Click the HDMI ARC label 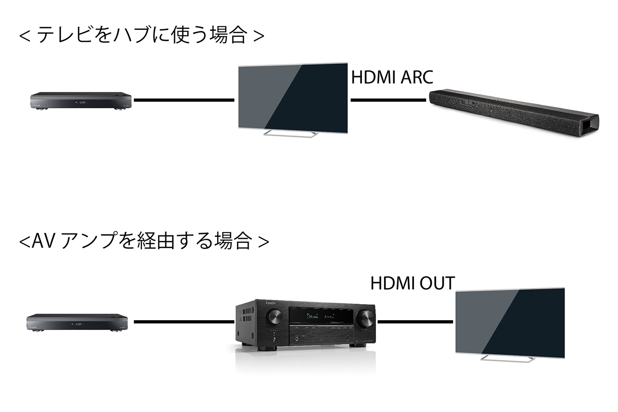click(x=392, y=77)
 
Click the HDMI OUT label click(x=412, y=283)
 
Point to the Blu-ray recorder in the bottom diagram click(x=77, y=322)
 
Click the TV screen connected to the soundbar click(x=293, y=98)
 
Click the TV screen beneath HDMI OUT click(x=510, y=321)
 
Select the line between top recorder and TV click(x=184, y=100)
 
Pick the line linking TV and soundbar click(x=388, y=100)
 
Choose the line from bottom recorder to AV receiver click(x=184, y=322)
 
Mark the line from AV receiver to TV click(x=415, y=322)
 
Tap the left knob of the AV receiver click(x=273, y=317)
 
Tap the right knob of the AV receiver click(x=365, y=318)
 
